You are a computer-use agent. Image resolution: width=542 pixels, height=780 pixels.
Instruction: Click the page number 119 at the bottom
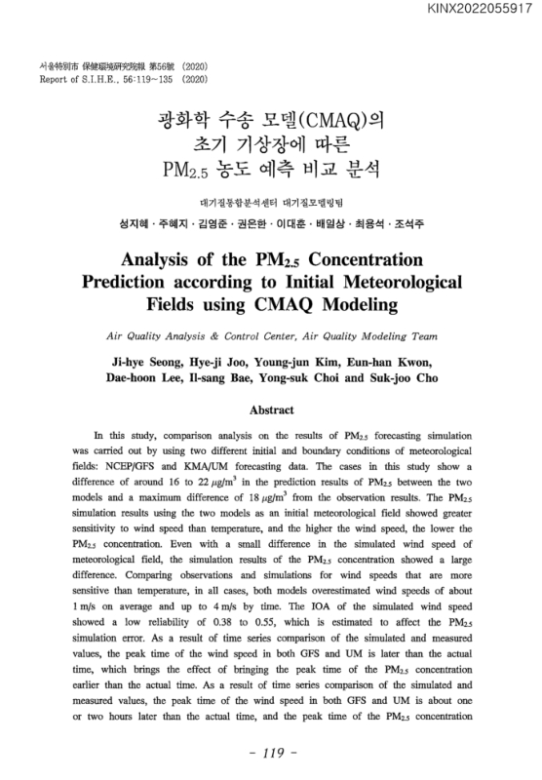coord(271,755)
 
